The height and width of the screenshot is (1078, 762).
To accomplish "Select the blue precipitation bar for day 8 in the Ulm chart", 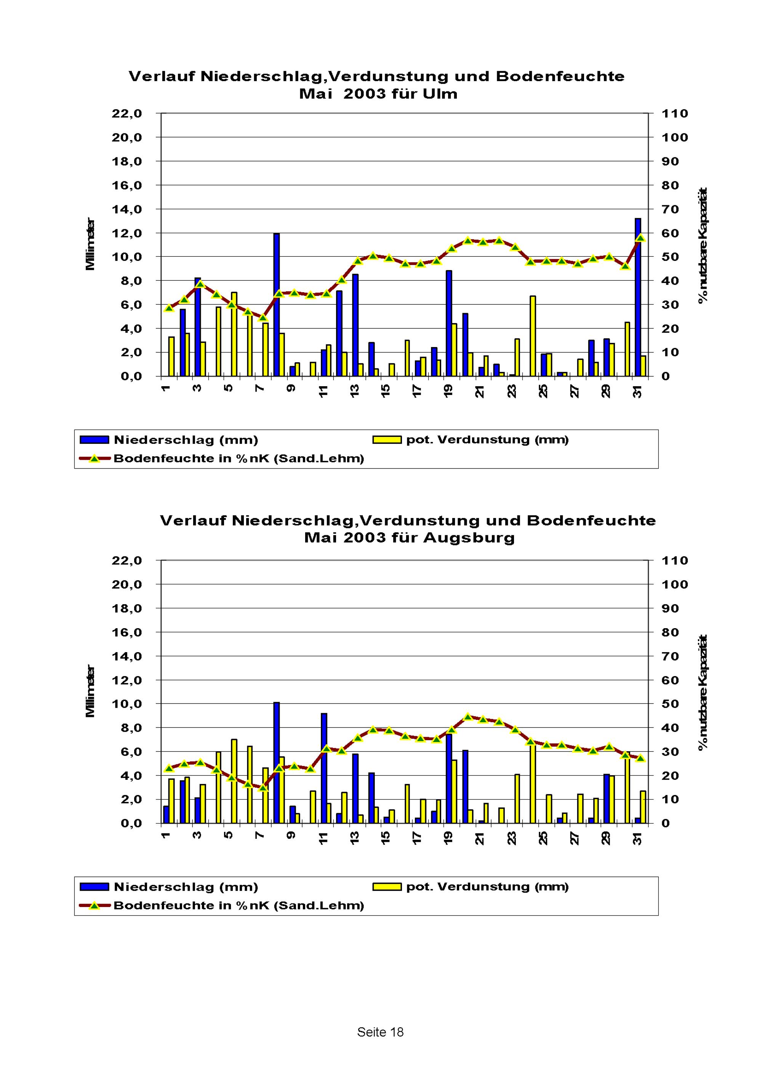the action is pos(277,305).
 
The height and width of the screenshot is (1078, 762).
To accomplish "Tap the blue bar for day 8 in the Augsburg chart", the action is pos(277,763).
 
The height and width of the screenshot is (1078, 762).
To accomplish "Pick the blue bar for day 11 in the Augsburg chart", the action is pos(324,768).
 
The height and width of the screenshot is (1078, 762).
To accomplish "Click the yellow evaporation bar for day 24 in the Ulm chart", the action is pos(533,336).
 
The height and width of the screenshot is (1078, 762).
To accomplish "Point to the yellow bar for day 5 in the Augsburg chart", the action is pos(234,781).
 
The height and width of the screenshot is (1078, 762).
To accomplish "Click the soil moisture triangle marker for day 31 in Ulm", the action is pos(640,238).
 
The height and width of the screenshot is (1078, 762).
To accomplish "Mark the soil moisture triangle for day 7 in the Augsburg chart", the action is pos(263,787).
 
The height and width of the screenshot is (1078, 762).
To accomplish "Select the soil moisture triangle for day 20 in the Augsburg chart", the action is pos(467,717).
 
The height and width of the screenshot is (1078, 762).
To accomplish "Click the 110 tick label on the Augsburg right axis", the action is pos(675,561).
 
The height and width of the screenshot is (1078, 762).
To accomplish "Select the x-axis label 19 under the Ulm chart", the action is pos(448,391).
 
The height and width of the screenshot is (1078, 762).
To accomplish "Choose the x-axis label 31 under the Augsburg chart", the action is pos(637,838).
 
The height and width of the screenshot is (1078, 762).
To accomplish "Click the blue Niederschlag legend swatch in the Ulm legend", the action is pos(94,440).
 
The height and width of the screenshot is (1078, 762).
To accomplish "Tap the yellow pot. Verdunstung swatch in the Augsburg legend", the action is pos(387,887).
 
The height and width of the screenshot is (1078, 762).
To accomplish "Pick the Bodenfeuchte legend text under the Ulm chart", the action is pos(239,459).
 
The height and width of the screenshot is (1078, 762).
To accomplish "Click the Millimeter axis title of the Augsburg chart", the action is pos(90,691).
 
